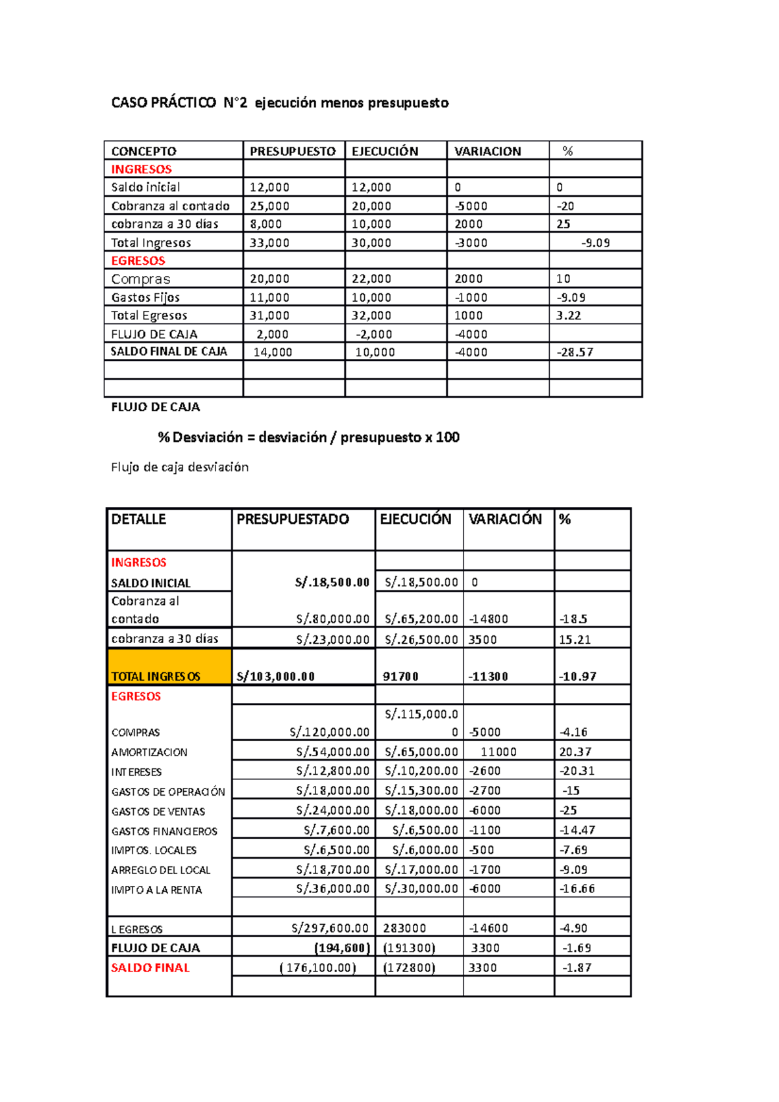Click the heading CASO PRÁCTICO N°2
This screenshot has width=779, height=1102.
coord(179,103)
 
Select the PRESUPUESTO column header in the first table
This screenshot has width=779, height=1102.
coord(292,151)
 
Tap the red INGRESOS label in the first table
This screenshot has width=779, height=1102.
coord(142,169)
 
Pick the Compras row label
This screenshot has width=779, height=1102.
coord(141,279)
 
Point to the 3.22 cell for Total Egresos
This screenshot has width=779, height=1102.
coord(569,315)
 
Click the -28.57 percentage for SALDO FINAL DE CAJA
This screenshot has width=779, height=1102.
coord(575,352)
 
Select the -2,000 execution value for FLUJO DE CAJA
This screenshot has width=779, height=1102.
coord(374,334)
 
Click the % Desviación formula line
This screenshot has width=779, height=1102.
coord(308,437)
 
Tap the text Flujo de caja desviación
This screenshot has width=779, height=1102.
coord(180,467)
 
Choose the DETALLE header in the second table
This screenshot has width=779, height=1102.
coord(139,519)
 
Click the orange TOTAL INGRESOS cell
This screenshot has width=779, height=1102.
coord(169,668)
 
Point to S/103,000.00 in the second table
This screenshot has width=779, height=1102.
coord(276,676)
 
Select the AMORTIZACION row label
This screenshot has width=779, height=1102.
coord(149,752)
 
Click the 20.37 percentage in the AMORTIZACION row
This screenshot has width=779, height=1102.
coord(575,752)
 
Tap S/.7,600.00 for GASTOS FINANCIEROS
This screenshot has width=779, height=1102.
coord(336,830)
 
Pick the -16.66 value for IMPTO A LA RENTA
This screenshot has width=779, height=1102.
coord(577,888)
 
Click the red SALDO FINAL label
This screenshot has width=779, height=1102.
coord(151,968)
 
